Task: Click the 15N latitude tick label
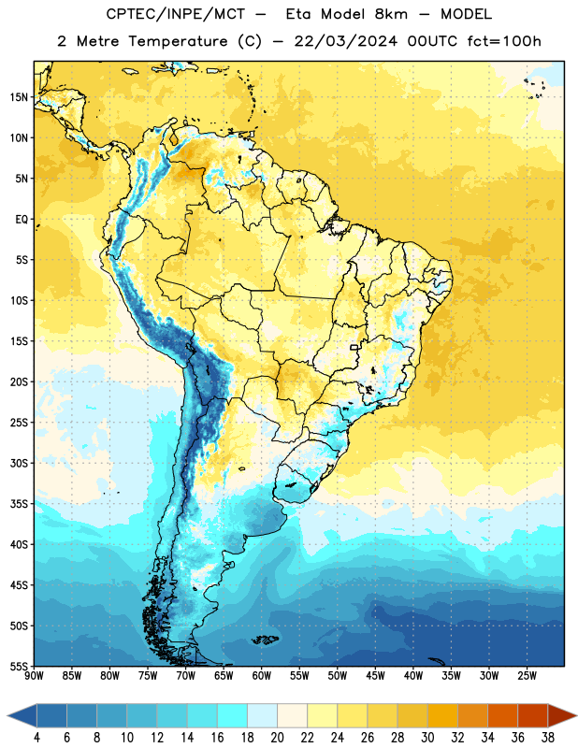[19, 97]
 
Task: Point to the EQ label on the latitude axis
[22, 220]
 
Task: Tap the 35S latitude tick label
[19, 504]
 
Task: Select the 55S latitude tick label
[19, 666]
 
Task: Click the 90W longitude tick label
[34, 676]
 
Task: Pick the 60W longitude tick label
[262, 676]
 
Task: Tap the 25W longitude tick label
[527, 676]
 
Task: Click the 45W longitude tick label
[375, 676]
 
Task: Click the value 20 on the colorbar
[277, 738]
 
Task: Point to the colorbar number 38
[548, 738]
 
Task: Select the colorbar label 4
[36, 738]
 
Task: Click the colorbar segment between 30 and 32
[442, 716]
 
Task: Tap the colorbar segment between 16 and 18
[232, 716]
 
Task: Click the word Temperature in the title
[178, 41]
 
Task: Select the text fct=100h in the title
[504, 41]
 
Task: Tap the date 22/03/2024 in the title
[345, 41]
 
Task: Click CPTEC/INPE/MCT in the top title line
[175, 14]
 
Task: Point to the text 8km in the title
[391, 14]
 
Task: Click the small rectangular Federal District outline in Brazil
[354, 347]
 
